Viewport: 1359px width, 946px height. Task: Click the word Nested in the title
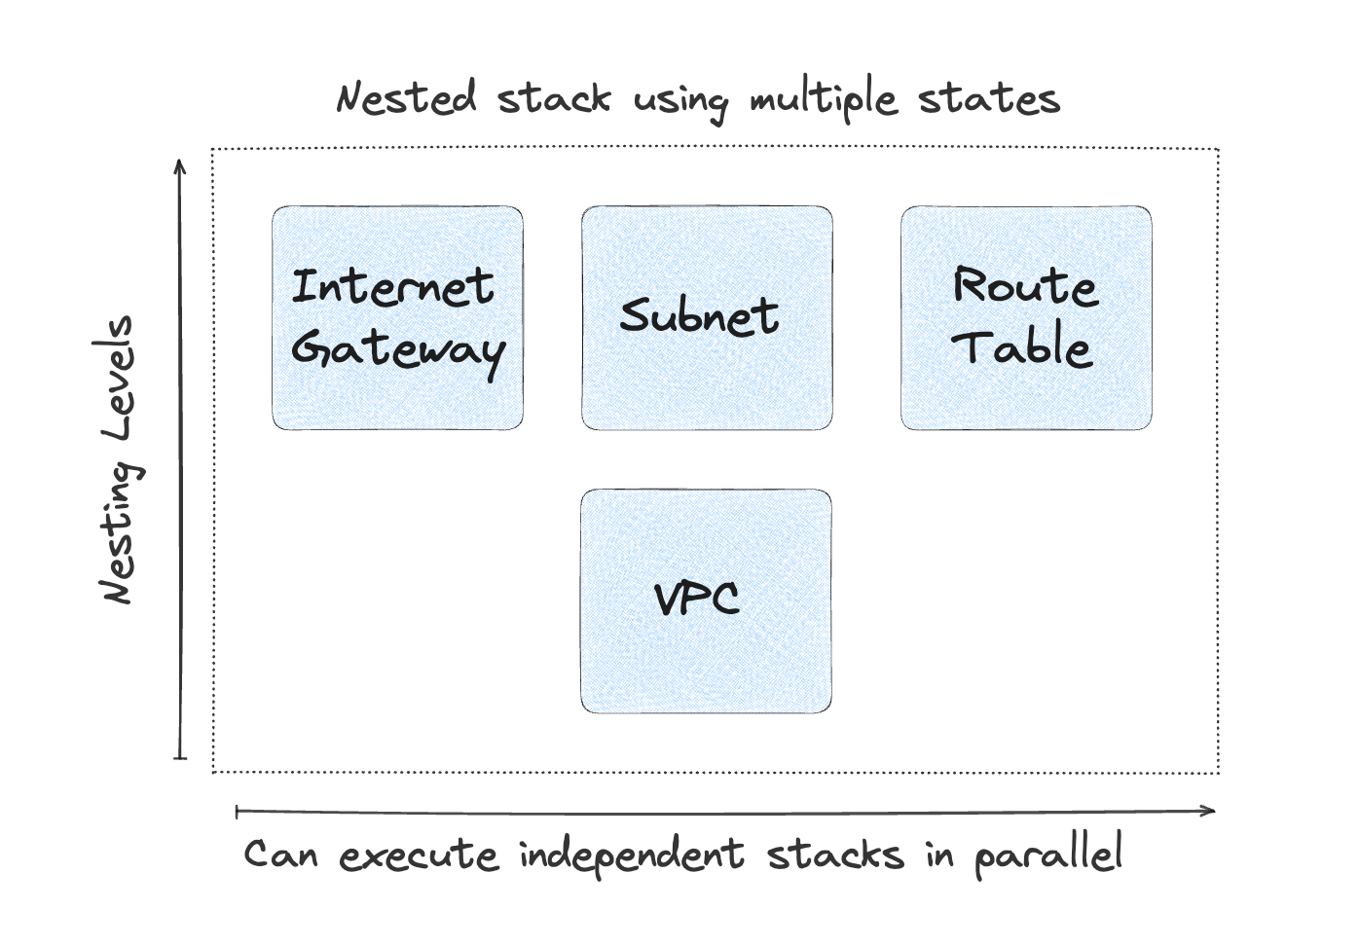[406, 98]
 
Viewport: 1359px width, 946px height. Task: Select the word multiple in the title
[823, 100]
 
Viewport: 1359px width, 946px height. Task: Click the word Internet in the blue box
[393, 287]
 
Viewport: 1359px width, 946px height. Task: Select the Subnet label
[699, 315]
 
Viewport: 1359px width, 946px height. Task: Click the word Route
[1025, 286]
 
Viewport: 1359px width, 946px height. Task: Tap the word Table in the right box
[1021, 347]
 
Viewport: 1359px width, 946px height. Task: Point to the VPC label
[697, 598]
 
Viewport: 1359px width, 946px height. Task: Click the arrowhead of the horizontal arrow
[1210, 810]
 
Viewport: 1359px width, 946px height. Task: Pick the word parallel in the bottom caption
[1047, 855]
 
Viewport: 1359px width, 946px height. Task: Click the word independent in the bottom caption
[631, 855]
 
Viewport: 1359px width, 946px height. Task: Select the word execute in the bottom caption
[419, 856]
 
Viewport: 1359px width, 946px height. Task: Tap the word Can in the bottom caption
[280, 855]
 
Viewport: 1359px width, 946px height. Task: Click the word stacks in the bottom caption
[835, 855]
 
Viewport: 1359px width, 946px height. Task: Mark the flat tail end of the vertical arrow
[179, 758]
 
